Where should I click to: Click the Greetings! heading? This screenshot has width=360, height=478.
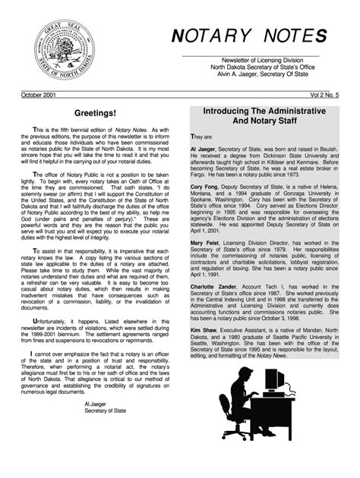click(95, 113)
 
